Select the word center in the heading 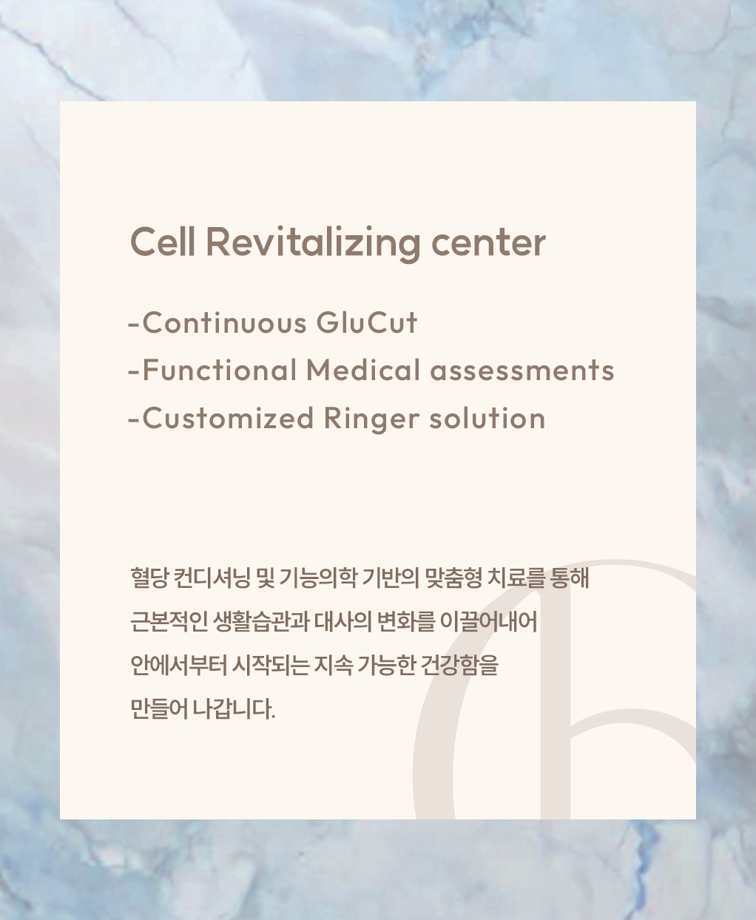pyautogui.click(x=488, y=244)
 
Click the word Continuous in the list pyautogui.click(x=225, y=322)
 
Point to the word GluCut pyautogui.click(x=367, y=322)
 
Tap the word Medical pyautogui.click(x=363, y=370)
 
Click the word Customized pyautogui.click(x=228, y=417)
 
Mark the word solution pyautogui.click(x=487, y=417)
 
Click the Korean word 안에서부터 pyautogui.click(x=178, y=666)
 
